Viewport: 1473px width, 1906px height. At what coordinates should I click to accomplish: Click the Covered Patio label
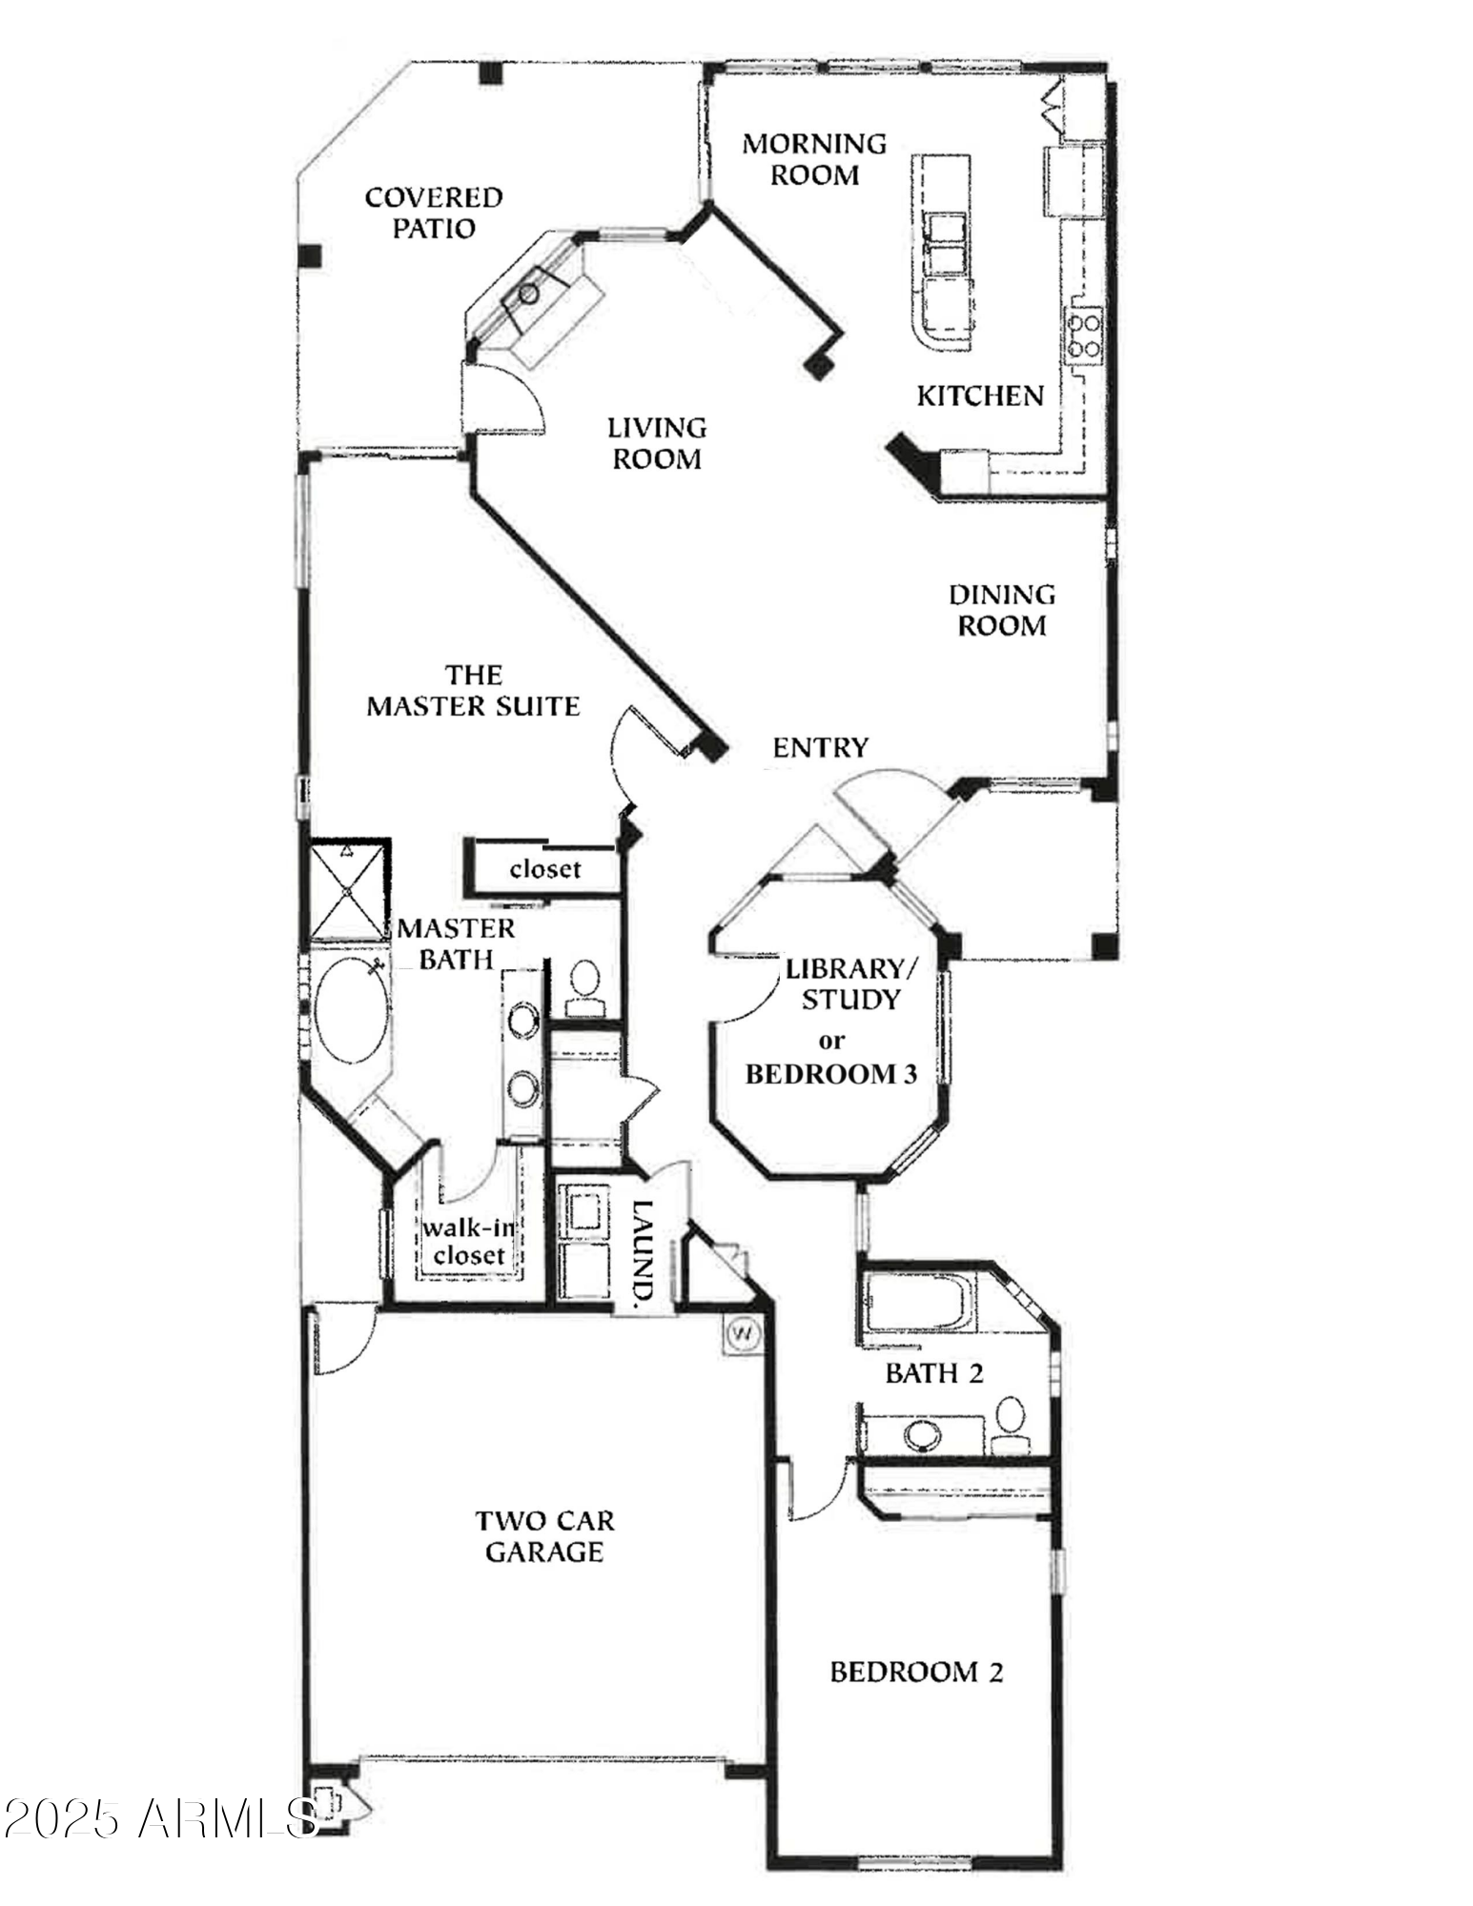(434, 213)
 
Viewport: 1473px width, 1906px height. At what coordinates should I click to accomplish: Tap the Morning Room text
(814, 159)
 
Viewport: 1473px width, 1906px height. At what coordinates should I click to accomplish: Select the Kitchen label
(980, 395)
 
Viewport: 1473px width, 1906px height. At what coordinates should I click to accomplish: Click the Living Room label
(657, 443)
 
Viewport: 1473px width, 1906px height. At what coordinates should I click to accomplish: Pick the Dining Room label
(1001, 610)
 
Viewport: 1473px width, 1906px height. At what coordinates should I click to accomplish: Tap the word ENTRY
(820, 748)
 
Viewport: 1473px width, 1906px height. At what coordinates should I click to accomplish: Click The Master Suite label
(474, 691)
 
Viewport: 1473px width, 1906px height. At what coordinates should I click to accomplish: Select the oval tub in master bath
(351, 1010)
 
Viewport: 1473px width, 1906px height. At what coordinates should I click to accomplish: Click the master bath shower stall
(350, 890)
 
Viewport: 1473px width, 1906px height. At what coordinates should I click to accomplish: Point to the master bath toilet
(583, 986)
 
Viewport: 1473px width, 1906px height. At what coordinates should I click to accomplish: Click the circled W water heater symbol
(742, 1334)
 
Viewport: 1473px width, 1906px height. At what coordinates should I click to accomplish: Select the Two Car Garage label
(544, 1536)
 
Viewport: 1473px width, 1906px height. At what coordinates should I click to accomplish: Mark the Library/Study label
(849, 984)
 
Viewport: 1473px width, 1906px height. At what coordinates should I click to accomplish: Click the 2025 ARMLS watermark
(160, 1819)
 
